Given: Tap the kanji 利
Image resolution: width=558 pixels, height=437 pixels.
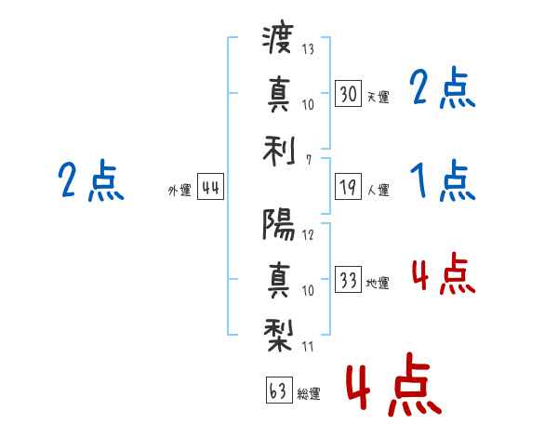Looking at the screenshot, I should tap(278, 148).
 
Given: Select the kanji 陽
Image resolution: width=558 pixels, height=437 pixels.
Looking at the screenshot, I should tap(278, 224).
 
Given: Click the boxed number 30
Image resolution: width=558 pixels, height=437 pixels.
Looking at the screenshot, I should tap(348, 93).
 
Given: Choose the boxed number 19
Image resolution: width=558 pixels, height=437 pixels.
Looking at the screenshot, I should tap(348, 188).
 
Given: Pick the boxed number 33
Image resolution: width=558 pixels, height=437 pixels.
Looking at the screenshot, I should tap(348, 280).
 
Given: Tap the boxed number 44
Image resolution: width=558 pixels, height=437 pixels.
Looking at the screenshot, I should tap(210, 188).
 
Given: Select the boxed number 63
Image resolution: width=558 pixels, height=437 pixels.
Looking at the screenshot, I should tap(278, 391).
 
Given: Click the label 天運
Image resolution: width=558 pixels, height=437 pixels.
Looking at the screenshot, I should tap(378, 97).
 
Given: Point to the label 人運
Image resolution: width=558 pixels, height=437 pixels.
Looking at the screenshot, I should tap(378, 191).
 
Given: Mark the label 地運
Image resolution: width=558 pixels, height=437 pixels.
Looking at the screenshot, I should tap(378, 284).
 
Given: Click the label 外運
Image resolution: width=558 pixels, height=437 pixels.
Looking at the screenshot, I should tap(179, 191).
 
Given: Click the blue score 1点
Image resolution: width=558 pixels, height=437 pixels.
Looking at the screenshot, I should tap(443, 181).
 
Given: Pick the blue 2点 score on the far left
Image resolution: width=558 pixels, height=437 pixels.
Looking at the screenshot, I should tap(90, 180).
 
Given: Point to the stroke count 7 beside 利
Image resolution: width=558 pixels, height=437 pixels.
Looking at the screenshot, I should tap(308, 160).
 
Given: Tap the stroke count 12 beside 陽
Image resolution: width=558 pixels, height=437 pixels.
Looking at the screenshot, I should tap(309, 234).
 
